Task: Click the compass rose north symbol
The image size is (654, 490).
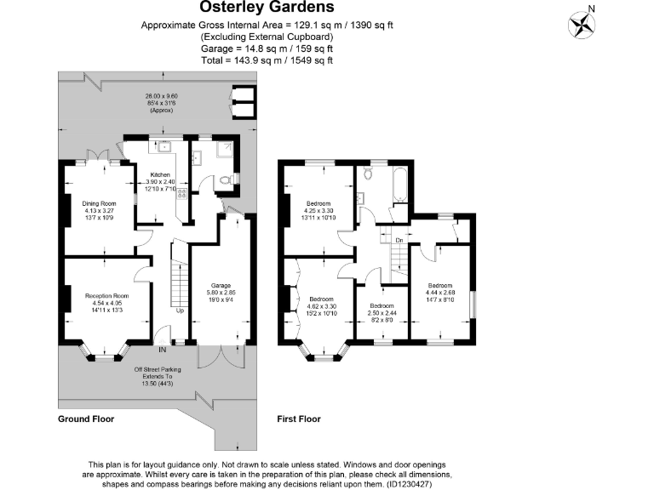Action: click(582, 22)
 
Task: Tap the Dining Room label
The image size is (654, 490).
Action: click(99, 203)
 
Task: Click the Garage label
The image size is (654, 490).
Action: click(221, 285)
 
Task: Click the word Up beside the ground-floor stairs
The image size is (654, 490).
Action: click(180, 311)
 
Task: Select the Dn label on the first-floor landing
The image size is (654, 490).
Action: click(399, 241)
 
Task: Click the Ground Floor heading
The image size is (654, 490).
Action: click(85, 419)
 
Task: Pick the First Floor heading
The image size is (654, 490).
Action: click(301, 419)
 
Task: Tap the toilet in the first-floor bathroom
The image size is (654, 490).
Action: click(368, 174)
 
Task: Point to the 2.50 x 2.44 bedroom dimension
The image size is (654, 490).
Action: click(381, 312)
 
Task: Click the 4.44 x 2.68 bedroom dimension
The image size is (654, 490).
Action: click(440, 293)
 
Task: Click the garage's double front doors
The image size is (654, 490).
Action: click(221, 356)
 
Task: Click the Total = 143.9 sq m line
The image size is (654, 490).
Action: click(267, 60)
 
